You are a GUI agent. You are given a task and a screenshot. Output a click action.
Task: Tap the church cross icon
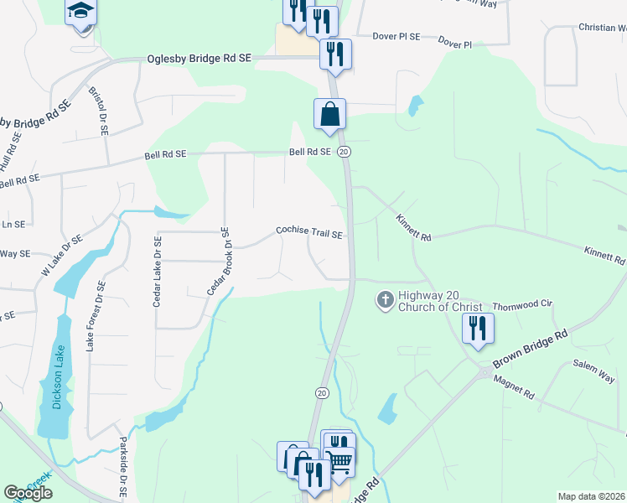[x=385, y=299]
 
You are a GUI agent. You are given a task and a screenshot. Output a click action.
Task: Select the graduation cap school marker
[x=80, y=12]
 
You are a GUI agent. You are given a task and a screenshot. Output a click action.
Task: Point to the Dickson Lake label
[x=57, y=385]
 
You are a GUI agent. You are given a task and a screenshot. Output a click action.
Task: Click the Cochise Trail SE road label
[x=310, y=232]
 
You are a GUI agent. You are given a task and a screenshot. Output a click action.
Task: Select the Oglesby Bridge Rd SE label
[x=199, y=59]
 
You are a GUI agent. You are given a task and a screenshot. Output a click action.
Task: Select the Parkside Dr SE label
[x=122, y=468]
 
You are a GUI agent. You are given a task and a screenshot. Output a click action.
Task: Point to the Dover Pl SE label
[x=396, y=37]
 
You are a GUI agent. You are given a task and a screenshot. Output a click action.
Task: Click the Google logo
[x=28, y=493]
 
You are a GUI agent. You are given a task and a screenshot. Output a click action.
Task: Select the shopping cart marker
[x=339, y=460]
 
